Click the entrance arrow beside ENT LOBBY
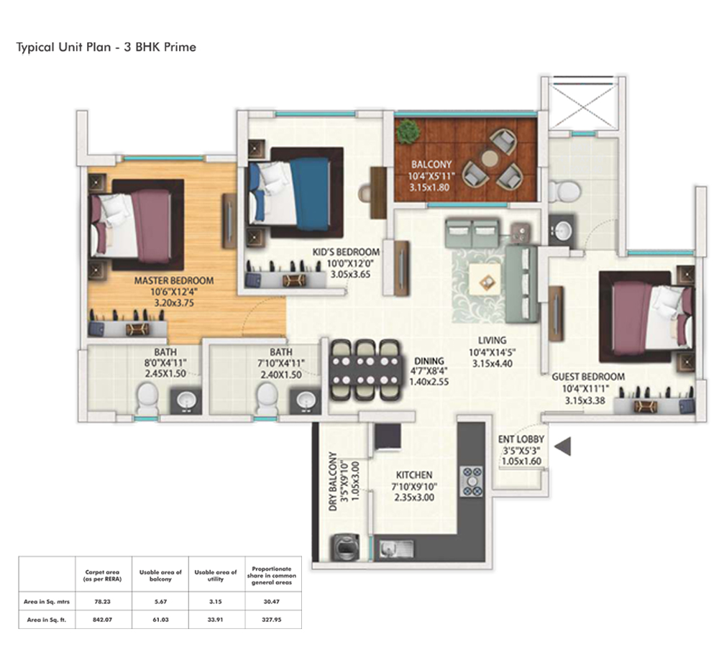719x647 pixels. pos(563,446)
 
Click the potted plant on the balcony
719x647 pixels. pos(408,131)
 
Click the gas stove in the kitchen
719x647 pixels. pos(471,480)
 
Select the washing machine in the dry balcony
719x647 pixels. pos(342,548)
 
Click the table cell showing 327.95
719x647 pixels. pos(271,618)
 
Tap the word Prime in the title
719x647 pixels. pos(180,47)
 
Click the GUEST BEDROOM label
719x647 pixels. pos(587,377)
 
